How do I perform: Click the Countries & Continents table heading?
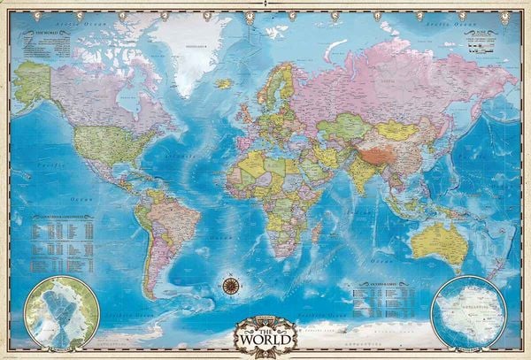tap(61, 216)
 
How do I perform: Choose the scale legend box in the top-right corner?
tap(483, 39)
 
